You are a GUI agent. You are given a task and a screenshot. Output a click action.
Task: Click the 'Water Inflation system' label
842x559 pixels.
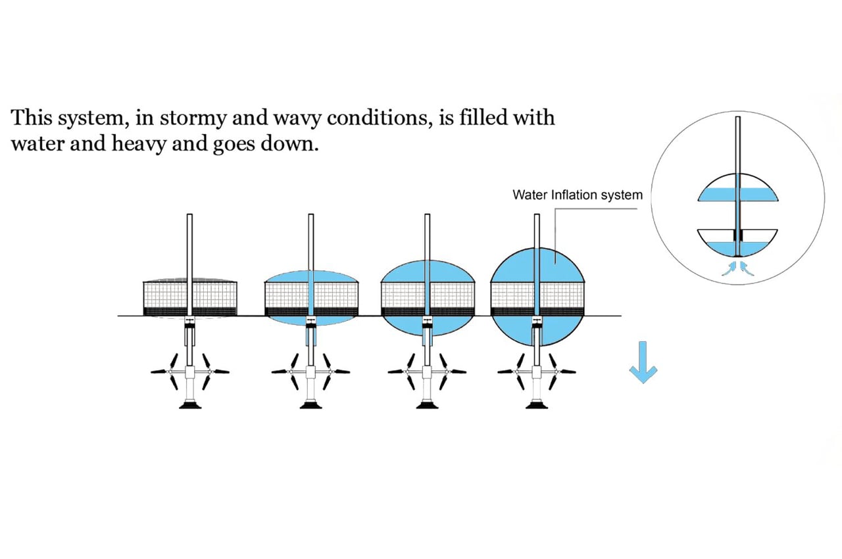(x=578, y=195)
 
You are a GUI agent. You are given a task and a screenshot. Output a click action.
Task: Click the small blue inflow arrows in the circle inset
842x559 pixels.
(x=738, y=266)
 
